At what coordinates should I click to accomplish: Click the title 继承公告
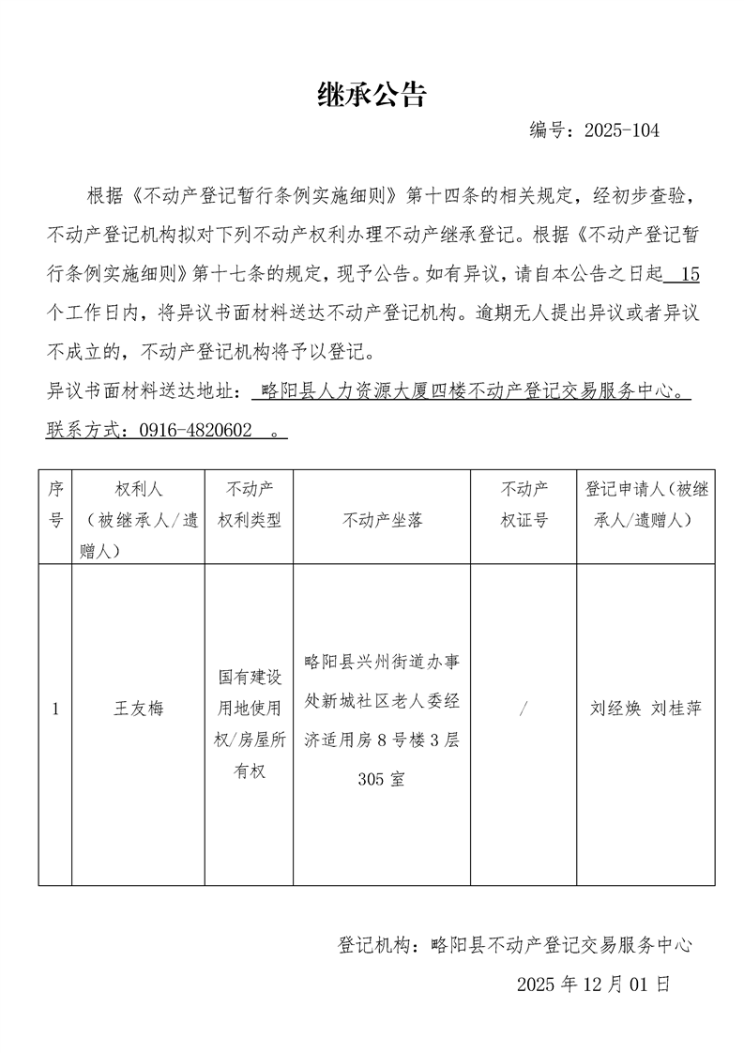[x=372, y=94]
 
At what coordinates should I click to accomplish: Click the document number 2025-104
[x=621, y=130]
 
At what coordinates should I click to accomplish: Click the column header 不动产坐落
[x=383, y=519]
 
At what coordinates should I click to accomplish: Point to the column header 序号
[x=55, y=504]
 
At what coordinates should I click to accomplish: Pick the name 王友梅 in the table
[x=138, y=709]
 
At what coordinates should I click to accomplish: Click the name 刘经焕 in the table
[x=614, y=709]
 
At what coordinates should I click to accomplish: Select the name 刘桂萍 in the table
[x=676, y=709]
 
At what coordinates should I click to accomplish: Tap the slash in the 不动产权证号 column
[x=523, y=709]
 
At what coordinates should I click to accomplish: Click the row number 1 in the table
[x=55, y=709]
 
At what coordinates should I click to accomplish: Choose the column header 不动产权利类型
[x=249, y=504]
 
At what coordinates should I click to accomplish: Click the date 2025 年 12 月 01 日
[x=593, y=984]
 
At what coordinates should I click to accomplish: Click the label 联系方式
[x=84, y=430]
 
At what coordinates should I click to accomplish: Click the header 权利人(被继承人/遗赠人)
[x=138, y=519]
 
